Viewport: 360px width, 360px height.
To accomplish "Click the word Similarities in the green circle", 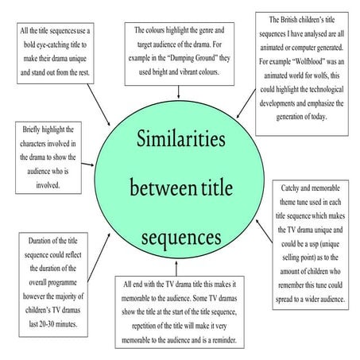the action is click(181, 138).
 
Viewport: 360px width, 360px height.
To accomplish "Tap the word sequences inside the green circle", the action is click(181, 238).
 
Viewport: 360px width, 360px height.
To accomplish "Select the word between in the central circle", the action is click(163, 187).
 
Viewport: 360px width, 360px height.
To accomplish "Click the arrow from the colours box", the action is click(179, 92).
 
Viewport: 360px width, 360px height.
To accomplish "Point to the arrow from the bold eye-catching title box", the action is click(99, 105).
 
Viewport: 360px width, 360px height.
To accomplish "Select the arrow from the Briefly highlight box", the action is click(87, 165).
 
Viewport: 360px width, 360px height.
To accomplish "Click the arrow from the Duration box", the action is click(99, 257).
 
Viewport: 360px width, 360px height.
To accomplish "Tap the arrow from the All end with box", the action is click(176, 269).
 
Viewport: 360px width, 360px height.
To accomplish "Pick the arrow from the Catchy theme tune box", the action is click(264, 231).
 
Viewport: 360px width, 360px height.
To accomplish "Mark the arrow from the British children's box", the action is click(246, 103).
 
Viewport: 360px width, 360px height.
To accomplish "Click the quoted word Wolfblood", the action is click(308, 61).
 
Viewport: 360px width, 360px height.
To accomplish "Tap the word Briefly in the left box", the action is click(31, 130).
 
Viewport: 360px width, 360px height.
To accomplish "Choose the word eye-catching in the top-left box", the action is click(52, 45).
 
